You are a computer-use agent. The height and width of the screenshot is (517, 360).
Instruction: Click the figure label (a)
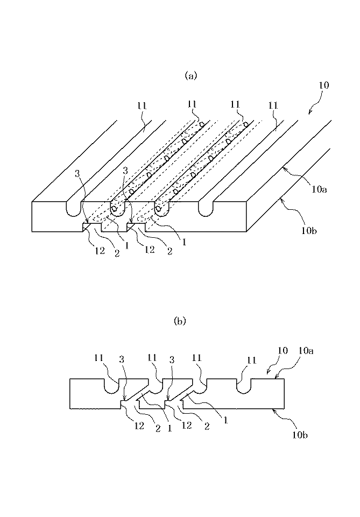(191, 76)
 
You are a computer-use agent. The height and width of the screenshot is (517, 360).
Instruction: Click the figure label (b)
(179, 321)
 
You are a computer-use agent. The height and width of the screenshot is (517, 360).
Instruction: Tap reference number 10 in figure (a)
(324, 86)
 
